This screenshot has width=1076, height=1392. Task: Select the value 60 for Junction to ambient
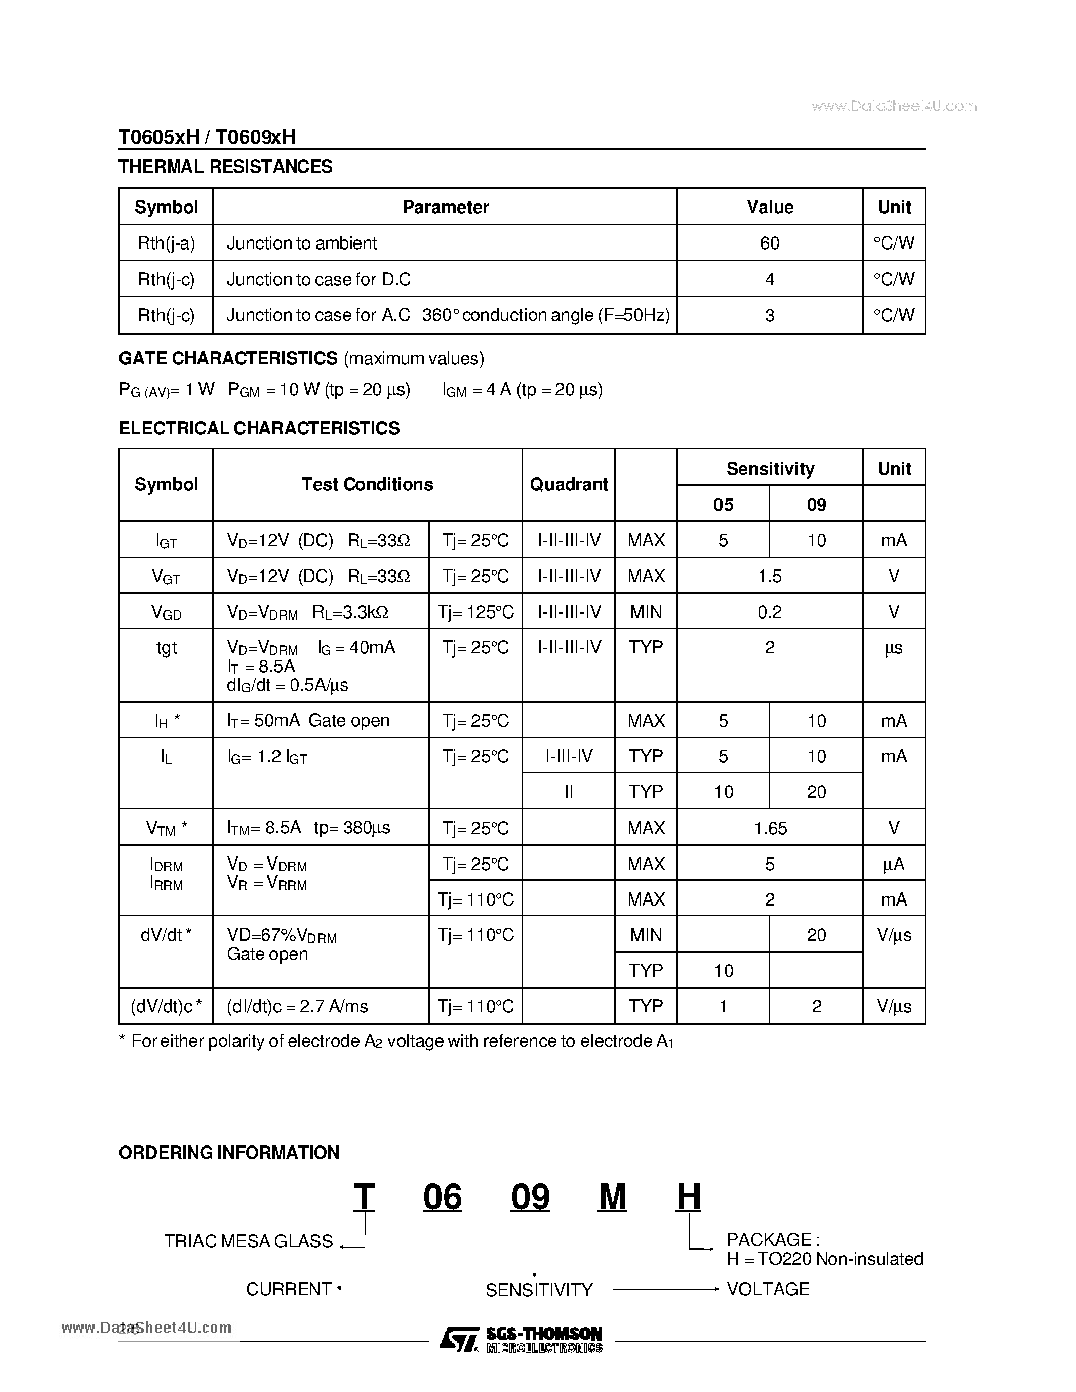769,243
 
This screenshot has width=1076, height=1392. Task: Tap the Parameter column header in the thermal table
445,207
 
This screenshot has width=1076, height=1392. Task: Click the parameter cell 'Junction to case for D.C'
318,279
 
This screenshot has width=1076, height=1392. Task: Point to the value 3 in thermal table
769,315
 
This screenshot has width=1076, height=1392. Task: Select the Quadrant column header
569,484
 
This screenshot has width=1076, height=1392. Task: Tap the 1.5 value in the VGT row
769,576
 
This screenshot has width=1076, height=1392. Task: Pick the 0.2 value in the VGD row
769,612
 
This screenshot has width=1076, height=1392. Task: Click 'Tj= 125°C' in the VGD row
475,612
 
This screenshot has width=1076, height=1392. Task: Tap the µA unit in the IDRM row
894,864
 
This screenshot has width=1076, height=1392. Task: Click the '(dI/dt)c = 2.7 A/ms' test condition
297,1006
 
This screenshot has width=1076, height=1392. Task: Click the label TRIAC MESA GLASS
248,1241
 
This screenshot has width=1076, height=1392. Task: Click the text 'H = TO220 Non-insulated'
824,1259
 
